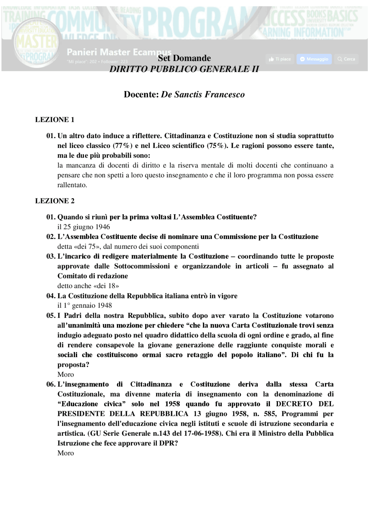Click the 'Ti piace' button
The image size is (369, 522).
[x=280, y=59]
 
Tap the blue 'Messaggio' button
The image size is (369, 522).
[x=314, y=59]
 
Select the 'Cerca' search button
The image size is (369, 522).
[x=346, y=59]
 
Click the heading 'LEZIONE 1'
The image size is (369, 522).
[x=55, y=120]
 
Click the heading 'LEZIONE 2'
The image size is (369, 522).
[x=55, y=201]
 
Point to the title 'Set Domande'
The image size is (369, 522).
[x=184, y=58]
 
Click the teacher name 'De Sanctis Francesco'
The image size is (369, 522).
[x=203, y=95]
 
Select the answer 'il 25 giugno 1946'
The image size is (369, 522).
[x=84, y=227]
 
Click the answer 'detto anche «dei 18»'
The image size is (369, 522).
[x=88, y=286]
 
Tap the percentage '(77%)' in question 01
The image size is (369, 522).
[x=123, y=146]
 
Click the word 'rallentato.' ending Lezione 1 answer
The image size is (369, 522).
[x=72, y=185]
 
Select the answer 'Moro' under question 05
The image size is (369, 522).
[x=65, y=374]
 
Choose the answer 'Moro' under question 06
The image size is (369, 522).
[x=65, y=453]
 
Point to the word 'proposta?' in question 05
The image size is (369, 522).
[x=73, y=365]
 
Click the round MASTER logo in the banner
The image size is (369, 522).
[x=37, y=48]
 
